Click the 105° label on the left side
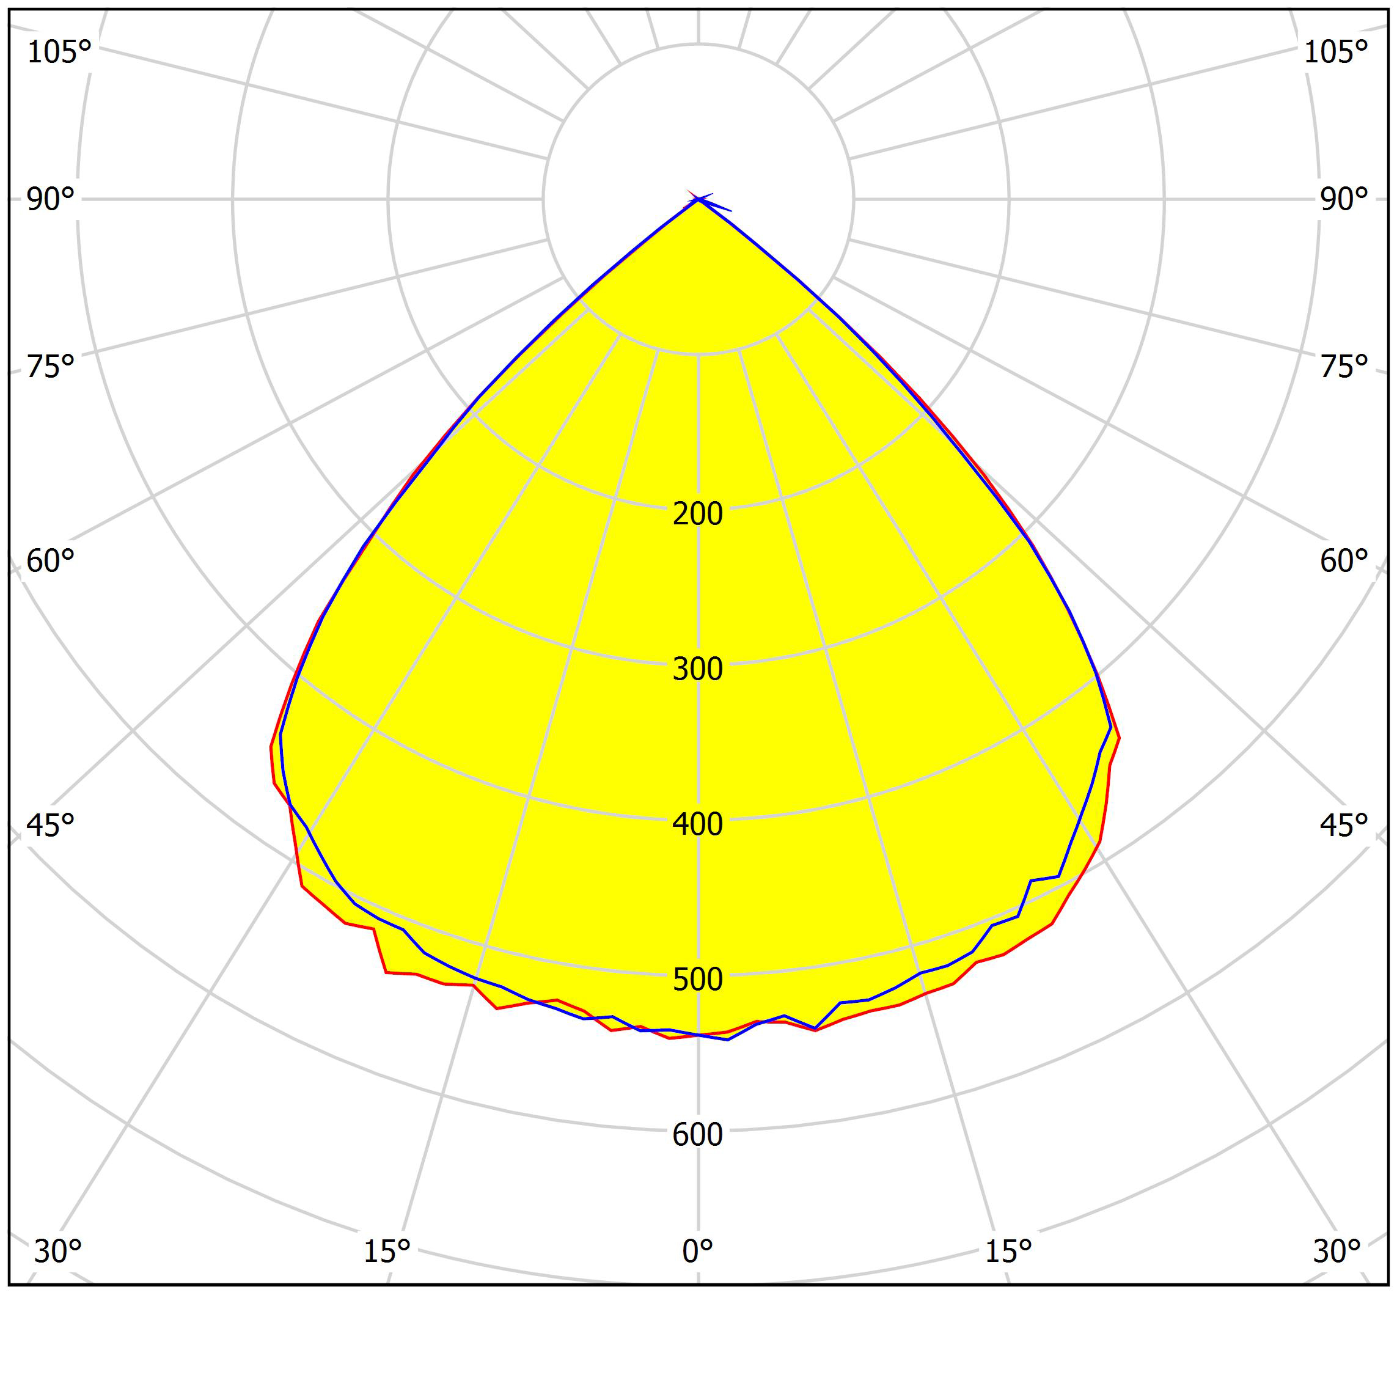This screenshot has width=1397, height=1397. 59,52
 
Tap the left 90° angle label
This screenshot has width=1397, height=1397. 51,200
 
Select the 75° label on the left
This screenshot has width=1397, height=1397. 51,367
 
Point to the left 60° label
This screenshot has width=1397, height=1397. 51,561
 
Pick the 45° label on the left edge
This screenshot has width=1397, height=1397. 51,825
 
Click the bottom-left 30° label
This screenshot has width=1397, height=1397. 58,1252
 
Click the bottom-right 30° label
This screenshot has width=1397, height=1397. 1337,1252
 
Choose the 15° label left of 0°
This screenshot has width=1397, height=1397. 387,1252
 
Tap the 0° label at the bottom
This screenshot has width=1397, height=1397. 698,1252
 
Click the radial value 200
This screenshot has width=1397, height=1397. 698,514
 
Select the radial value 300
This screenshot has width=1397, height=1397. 698,670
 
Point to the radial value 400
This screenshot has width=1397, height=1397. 698,824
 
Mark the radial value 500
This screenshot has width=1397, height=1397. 698,980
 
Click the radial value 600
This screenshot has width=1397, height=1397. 698,1134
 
